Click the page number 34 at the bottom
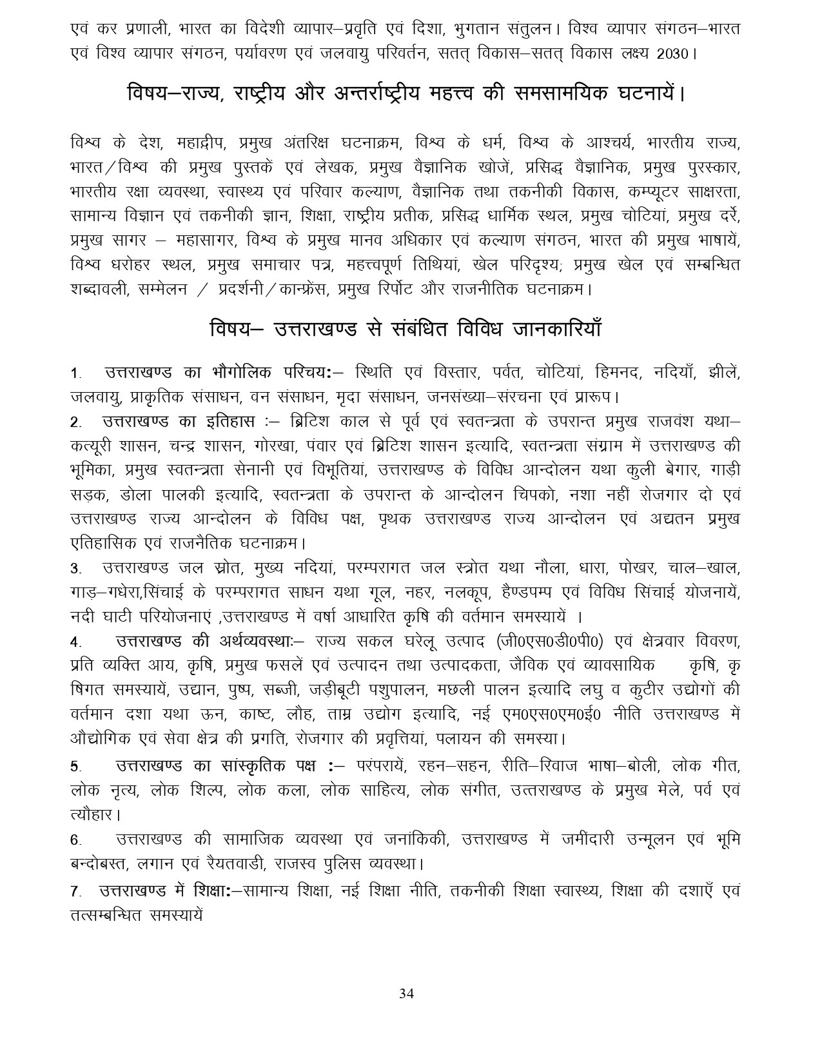pyautogui.click(x=406, y=993)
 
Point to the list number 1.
pyautogui.click(x=76, y=373)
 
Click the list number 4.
pyautogui.click(x=76, y=643)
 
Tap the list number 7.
pyautogui.click(x=76, y=892)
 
